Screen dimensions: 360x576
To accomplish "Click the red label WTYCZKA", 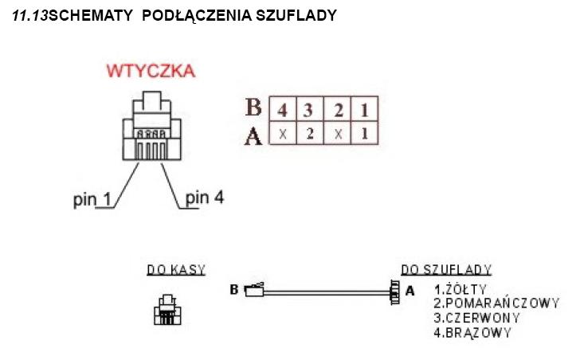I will pyautogui.click(x=151, y=72).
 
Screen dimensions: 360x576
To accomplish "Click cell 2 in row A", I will pyautogui.click(x=310, y=134).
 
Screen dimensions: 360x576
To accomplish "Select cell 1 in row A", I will pyautogui.click(x=364, y=134).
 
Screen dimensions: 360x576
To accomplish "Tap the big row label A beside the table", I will pyautogui.click(x=254, y=135).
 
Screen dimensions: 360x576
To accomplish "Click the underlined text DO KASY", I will pyautogui.click(x=176, y=270).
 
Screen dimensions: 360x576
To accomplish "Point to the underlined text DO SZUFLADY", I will pyautogui.click(x=446, y=270).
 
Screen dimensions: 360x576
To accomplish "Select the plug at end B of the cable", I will pyautogui.click(x=253, y=292).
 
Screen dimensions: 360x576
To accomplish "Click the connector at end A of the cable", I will pyautogui.click(x=392, y=292).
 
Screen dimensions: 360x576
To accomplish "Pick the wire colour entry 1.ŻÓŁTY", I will pyautogui.click(x=461, y=289).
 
